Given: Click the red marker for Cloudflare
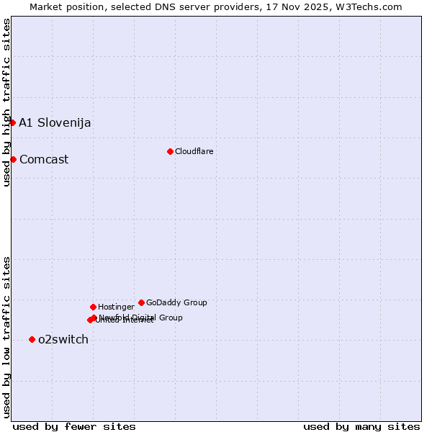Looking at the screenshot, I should pyautogui.click(x=170, y=151).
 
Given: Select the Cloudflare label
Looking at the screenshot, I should pyautogui.click(x=194, y=151).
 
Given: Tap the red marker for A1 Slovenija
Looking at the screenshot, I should pyautogui.click(x=12, y=122).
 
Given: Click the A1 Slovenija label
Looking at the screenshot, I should pyautogui.click(x=55, y=122).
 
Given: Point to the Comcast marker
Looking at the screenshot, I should pyautogui.click(x=13, y=159).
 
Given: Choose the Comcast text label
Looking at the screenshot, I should pyautogui.click(x=44, y=159).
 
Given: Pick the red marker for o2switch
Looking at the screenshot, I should pyautogui.click(x=32, y=339).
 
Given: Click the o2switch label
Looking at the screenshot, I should pyautogui.click(x=63, y=339).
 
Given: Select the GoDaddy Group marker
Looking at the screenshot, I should pyautogui.click(x=141, y=302).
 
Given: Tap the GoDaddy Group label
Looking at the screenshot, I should pyautogui.click(x=176, y=302).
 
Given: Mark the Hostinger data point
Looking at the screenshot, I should pyautogui.click(x=93, y=307).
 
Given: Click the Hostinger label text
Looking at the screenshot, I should pyautogui.click(x=116, y=307).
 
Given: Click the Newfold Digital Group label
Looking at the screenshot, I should pyautogui.click(x=141, y=317).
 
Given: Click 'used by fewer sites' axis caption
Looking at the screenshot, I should pyautogui.click(x=74, y=426).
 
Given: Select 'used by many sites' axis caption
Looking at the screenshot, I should pyautogui.click(x=361, y=426).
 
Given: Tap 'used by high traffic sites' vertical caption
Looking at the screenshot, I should pyautogui.click(x=6, y=102).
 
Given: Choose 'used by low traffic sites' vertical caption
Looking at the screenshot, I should pyautogui.click(x=6, y=337).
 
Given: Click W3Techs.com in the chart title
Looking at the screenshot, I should pyautogui.click(x=366, y=6).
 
